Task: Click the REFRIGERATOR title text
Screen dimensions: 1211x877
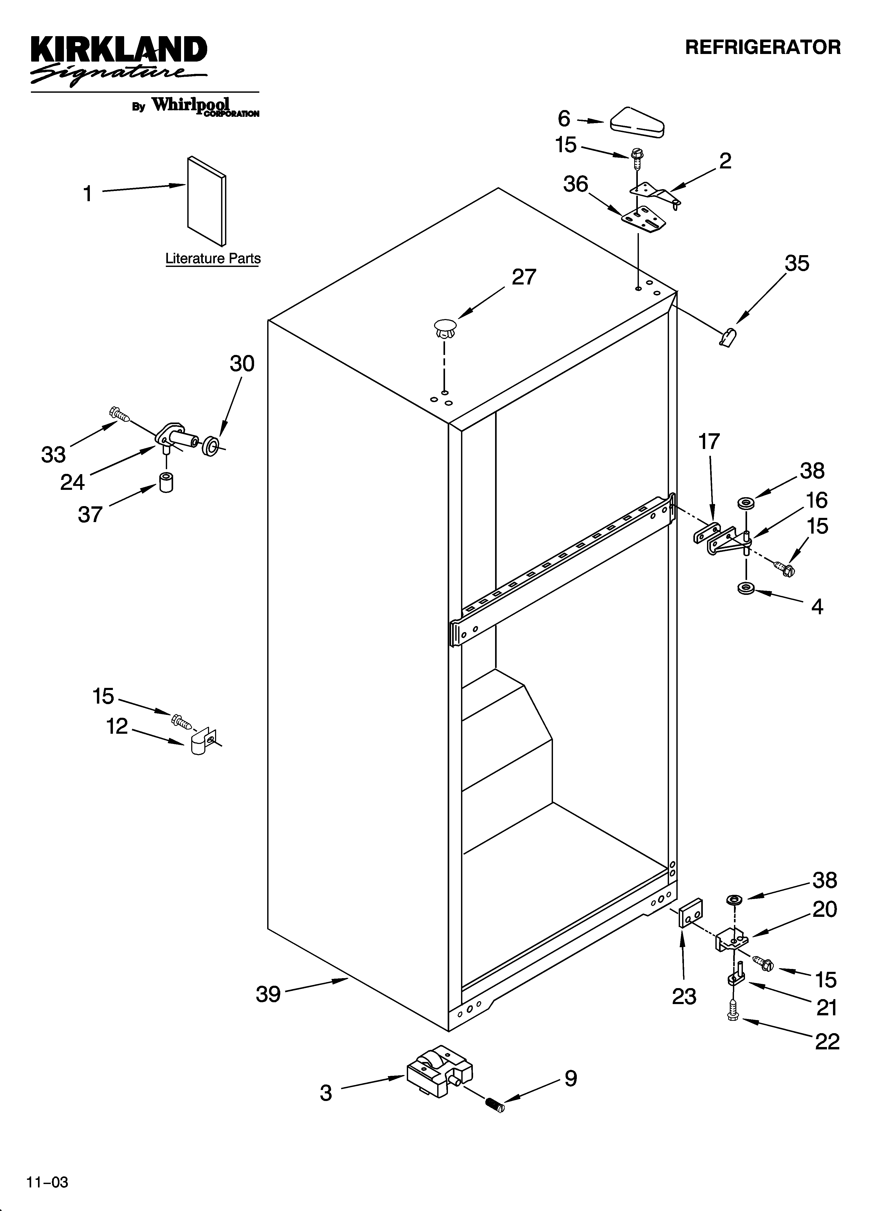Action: [763, 47]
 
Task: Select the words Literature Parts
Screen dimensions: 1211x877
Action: [213, 259]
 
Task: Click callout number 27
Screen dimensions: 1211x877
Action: [523, 277]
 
